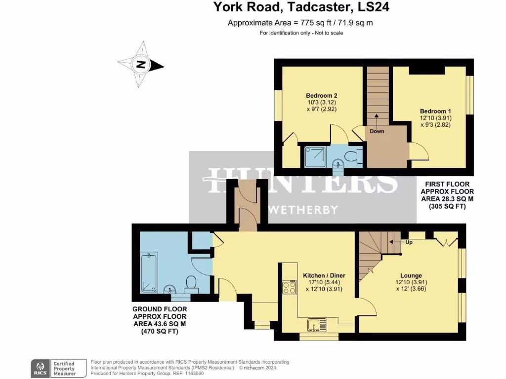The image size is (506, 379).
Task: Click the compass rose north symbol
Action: click(x=141, y=65)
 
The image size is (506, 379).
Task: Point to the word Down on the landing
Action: click(x=377, y=131)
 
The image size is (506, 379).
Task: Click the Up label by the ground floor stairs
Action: click(x=409, y=242)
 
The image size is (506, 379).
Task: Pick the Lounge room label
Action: click(x=411, y=275)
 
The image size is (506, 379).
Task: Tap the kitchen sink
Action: click(x=316, y=325)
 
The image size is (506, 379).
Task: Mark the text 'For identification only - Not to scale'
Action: click(x=301, y=33)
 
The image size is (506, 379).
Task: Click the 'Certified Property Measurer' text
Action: click(x=65, y=368)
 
